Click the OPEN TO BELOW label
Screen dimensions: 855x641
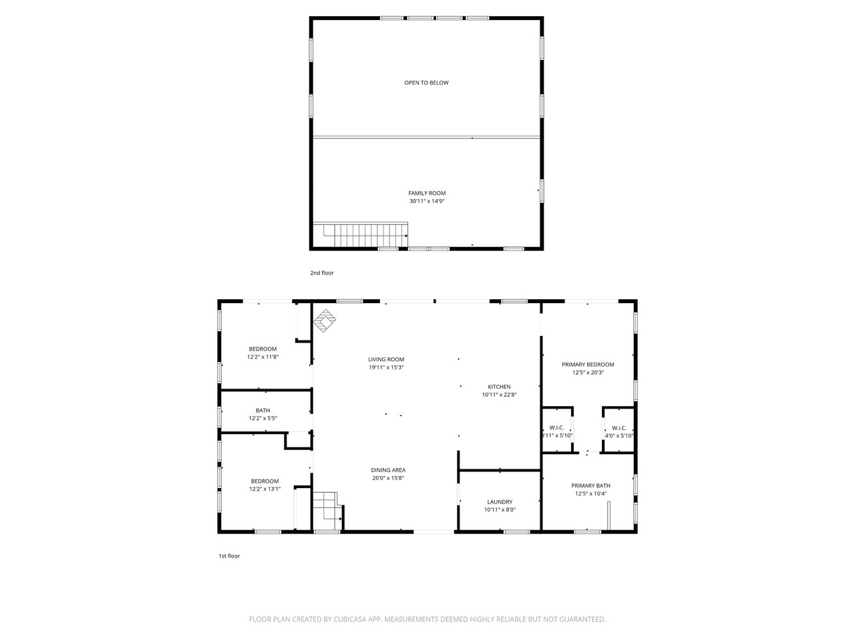pos(426,83)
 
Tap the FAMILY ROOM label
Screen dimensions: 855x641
pos(427,193)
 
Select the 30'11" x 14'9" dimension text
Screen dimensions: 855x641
pos(427,201)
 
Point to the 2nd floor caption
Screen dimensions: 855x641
pos(322,273)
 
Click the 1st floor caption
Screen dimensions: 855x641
pos(229,556)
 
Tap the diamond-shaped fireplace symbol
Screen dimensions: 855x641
pos(325,320)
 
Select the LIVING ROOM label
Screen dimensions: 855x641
pos(386,359)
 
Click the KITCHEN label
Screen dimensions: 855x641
pos(499,387)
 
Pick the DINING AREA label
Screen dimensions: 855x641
pos(388,470)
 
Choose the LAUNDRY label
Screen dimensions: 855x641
pos(500,501)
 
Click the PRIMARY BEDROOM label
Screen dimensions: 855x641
pos(588,365)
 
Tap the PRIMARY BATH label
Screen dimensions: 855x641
pos(590,485)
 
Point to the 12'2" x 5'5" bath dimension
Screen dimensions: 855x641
pos(263,418)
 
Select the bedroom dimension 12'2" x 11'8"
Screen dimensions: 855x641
pos(263,357)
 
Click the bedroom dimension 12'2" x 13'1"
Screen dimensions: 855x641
pos(265,489)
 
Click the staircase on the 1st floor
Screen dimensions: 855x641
pos(327,510)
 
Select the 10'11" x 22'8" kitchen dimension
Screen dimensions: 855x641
pos(499,394)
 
